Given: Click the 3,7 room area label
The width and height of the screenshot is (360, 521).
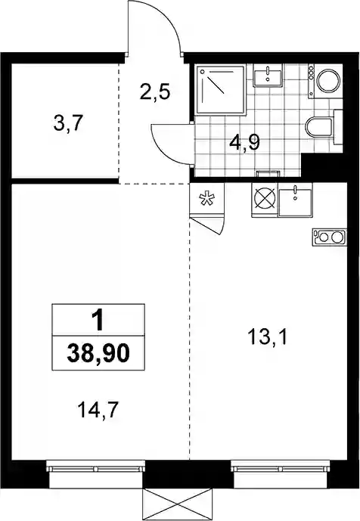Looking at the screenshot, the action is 67,125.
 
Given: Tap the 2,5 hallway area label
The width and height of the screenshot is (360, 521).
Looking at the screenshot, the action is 155,92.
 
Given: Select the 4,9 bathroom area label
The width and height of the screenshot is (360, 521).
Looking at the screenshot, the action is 244,143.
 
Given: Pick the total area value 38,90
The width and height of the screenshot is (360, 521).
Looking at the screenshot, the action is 98,354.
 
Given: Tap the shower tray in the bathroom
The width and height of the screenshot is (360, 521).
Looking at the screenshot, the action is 221,89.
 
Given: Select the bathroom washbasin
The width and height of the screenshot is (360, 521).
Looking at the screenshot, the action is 268,75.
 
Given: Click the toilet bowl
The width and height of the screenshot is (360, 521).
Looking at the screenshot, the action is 318,128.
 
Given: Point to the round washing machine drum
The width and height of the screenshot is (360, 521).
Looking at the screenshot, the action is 328,80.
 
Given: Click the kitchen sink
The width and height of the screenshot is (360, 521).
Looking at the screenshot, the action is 295,202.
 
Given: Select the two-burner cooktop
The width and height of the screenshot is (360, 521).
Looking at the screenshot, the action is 329,237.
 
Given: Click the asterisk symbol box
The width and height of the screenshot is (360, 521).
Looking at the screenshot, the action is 206,199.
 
